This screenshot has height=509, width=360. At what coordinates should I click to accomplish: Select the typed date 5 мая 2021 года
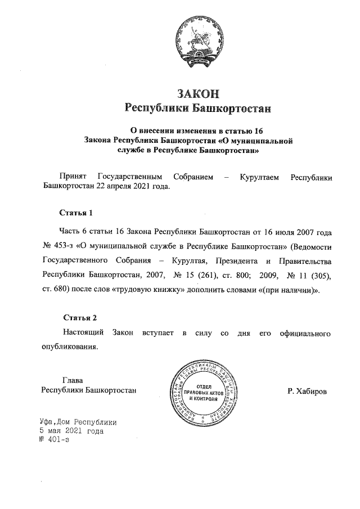pos(68,431)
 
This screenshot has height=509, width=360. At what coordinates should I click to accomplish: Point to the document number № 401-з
pos(50,440)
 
